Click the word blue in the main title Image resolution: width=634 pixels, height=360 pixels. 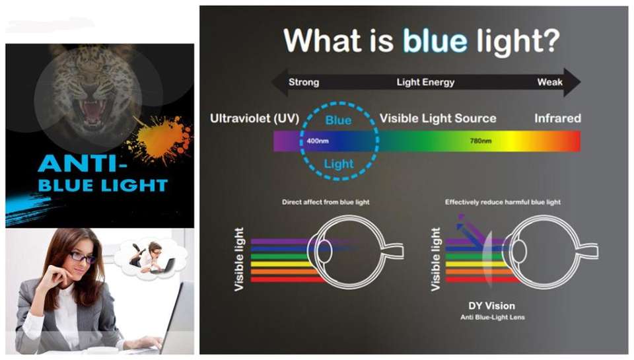[x=435, y=40]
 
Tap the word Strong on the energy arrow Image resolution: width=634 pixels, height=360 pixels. [x=304, y=83]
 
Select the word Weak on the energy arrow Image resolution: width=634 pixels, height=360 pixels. [x=550, y=82]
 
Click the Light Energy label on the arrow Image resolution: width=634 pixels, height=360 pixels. [x=425, y=83]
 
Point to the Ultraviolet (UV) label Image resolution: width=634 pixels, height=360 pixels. [x=255, y=118]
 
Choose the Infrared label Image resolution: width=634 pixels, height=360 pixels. [x=557, y=118]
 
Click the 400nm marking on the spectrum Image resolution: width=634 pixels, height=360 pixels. [x=318, y=141]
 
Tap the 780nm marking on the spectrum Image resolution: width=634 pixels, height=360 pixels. [x=481, y=141]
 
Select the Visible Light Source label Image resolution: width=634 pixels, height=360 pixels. [x=438, y=118]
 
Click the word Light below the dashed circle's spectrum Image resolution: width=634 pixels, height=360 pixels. [x=339, y=164]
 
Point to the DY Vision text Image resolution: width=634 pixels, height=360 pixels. [x=491, y=306]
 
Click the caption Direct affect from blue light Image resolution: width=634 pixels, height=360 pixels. [x=326, y=202]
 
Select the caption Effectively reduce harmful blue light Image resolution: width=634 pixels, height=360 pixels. [x=503, y=202]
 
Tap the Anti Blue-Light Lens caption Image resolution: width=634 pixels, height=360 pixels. [x=493, y=318]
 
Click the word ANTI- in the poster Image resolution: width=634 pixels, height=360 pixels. [x=83, y=164]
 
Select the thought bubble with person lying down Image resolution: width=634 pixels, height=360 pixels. [x=151, y=258]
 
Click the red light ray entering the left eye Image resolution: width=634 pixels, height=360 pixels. [x=288, y=279]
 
